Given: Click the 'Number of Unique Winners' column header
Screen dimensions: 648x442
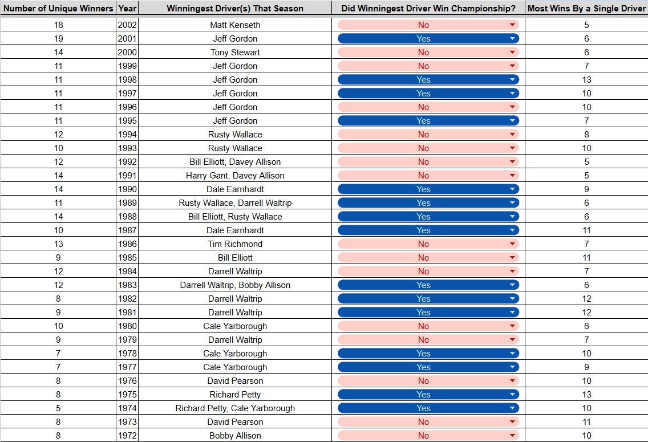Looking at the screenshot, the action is [58, 8].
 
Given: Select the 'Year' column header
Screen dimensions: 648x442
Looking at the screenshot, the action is [127, 8].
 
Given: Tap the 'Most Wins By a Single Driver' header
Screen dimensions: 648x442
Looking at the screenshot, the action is [586, 8].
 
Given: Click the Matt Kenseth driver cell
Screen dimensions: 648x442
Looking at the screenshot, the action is [235, 25].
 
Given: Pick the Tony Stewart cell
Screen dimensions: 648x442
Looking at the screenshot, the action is [235, 52].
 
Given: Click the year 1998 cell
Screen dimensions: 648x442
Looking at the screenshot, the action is [127, 80].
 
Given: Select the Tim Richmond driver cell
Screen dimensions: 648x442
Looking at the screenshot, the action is [235, 244].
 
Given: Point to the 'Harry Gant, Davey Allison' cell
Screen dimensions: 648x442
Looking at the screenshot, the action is [235, 176].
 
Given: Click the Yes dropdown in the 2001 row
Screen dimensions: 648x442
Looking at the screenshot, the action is [428, 39].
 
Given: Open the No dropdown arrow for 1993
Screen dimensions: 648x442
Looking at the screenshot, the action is [512, 148].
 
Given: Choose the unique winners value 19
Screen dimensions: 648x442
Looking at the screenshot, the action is [58, 39].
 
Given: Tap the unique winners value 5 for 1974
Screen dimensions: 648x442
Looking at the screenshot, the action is [58, 408].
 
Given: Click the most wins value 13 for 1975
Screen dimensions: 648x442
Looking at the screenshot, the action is [586, 395].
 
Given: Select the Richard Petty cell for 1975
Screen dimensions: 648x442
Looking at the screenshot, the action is [235, 395].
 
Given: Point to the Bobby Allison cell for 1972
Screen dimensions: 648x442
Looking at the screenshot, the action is [235, 435].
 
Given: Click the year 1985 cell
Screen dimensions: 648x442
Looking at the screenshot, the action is [127, 258].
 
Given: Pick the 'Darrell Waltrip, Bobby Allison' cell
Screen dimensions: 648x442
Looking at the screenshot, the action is [235, 285].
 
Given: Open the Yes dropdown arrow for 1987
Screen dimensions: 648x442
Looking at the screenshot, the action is [512, 230].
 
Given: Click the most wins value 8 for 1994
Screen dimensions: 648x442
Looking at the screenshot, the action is [586, 135].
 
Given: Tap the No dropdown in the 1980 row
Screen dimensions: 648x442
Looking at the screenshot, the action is [428, 326].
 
